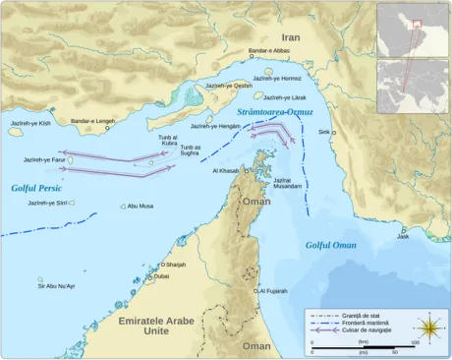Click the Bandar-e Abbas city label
(x=270, y=50)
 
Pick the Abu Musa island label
(x=140, y=207)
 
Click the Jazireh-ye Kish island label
(x=29, y=123)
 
